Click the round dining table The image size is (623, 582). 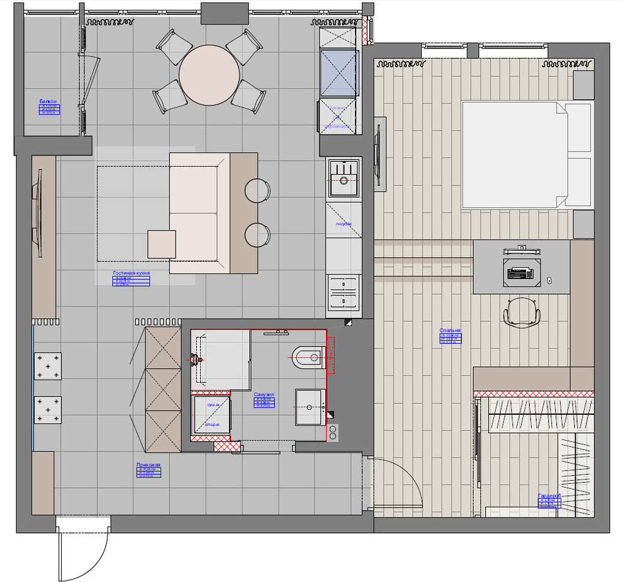[210, 75]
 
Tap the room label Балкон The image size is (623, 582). [48, 101]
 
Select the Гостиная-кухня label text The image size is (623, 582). [131, 273]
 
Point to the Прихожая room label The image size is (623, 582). [149, 465]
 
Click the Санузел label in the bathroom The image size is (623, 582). [262, 395]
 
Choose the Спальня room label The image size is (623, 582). [450, 330]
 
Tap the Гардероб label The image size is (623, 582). [549, 496]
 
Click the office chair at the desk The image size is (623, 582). [522, 312]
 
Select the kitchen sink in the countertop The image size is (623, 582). [344, 178]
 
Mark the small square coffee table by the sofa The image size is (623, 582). [162, 244]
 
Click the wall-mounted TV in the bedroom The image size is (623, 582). [379, 153]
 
